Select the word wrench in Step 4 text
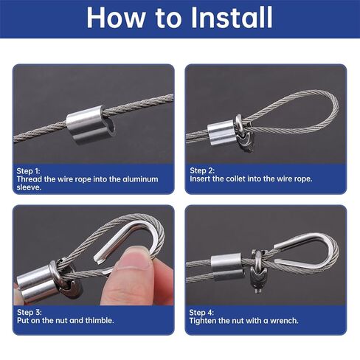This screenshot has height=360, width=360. tap(286, 321)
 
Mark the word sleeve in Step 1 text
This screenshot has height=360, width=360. tap(27, 187)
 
